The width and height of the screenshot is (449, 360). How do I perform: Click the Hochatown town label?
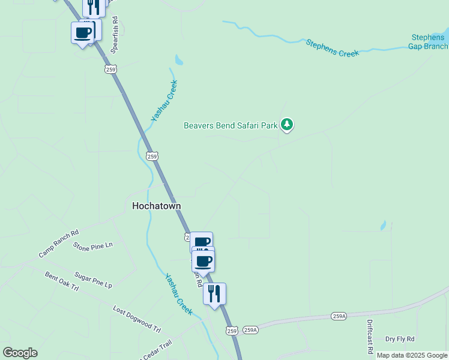(x=156, y=205)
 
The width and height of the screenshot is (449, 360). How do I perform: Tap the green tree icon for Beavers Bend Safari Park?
(x=288, y=125)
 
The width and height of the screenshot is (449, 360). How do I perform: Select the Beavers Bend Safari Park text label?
(x=231, y=125)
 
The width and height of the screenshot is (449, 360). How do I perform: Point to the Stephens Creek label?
(x=332, y=48)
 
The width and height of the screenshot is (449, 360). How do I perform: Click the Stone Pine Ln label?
(x=92, y=245)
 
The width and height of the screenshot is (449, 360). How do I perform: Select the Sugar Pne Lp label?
(x=93, y=280)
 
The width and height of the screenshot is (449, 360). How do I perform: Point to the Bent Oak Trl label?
(x=62, y=281)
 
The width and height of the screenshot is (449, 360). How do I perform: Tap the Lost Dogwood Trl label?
(x=137, y=319)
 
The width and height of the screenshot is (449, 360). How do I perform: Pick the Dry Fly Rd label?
(x=400, y=339)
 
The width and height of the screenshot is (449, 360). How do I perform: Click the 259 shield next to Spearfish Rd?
(x=109, y=70)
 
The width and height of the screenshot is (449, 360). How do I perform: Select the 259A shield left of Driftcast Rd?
(x=339, y=316)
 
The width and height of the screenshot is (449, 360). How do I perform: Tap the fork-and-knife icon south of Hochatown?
(x=214, y=294)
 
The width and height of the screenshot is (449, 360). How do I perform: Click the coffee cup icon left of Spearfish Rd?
(x=82, y=32)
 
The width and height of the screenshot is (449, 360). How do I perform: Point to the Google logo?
(x=20, y=353)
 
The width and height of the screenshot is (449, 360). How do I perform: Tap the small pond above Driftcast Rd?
(x=383, y=226)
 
